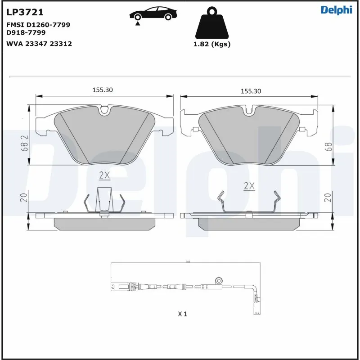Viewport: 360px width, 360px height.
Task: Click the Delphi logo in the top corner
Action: tap(336, 10)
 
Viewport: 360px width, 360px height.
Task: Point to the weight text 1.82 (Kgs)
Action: tap(211, 44)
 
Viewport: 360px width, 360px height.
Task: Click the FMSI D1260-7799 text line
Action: tap(38, 25)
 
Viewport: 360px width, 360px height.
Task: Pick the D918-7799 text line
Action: tap(26, 32)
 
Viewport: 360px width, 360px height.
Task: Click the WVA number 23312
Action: tap(60, 44)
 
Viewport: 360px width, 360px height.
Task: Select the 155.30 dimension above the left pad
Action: tap(103, 90)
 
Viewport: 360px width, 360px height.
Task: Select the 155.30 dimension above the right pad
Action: tap(251, 91)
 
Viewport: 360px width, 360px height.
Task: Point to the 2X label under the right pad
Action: tap(249, 185)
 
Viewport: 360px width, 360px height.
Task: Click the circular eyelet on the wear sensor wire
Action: tap(219, 279)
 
